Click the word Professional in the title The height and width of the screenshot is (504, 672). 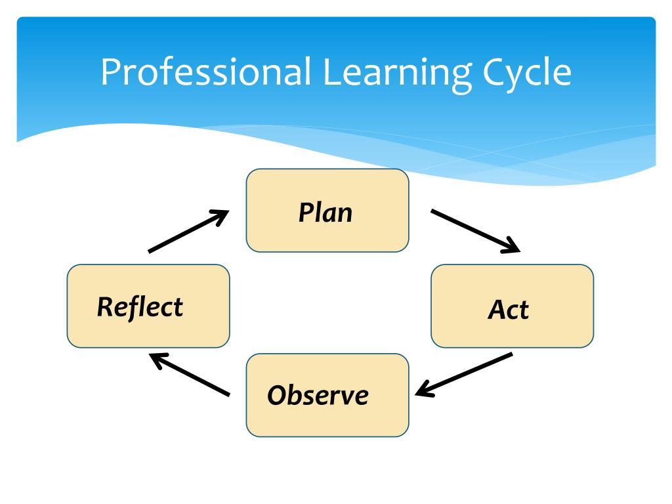tap(205, 72)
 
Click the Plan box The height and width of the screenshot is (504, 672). tap(327, 211)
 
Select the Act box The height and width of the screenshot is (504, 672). tap(512, 306)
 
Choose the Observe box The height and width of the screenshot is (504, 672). tap(327, 395)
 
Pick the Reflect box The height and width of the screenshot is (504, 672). tap(148, 306)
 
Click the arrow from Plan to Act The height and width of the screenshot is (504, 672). tap(474, 230)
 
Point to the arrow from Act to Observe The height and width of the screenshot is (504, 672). tap(464, 375)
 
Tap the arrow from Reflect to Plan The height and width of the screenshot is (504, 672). tap(188, 231)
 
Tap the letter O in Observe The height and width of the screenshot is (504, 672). tap(276, 396)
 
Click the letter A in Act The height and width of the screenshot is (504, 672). tap(495, 309)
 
